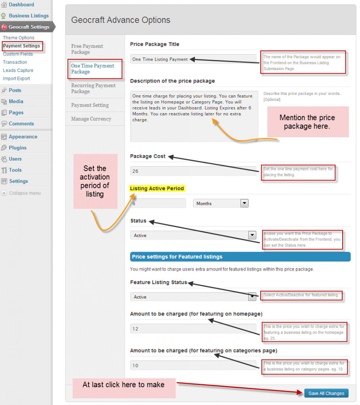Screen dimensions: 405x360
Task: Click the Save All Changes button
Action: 326,393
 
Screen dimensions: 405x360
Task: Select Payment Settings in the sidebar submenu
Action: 21,46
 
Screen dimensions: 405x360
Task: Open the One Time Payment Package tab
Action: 93,69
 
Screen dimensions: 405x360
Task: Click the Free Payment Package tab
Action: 87,49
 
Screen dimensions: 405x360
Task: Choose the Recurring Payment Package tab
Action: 93,88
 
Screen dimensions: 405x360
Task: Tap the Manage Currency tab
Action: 91,119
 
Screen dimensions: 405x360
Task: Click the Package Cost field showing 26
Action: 193,171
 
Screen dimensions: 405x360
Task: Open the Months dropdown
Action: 220,203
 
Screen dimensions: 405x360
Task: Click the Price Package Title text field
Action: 193,59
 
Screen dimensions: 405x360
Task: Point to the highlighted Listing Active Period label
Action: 157,189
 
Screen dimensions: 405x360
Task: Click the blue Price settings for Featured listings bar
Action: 240,257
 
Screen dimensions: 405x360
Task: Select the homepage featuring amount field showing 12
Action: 193,329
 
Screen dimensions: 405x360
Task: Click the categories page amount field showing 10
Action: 193,365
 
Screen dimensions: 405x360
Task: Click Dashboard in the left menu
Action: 21,5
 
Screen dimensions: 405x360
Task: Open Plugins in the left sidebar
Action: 18,148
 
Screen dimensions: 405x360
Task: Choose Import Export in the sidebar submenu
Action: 16,78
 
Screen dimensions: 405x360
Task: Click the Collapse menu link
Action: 25,193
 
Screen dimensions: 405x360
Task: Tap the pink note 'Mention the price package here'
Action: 307,122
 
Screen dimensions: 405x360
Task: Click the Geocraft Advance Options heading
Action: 121,20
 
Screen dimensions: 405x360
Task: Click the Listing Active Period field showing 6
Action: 158,203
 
